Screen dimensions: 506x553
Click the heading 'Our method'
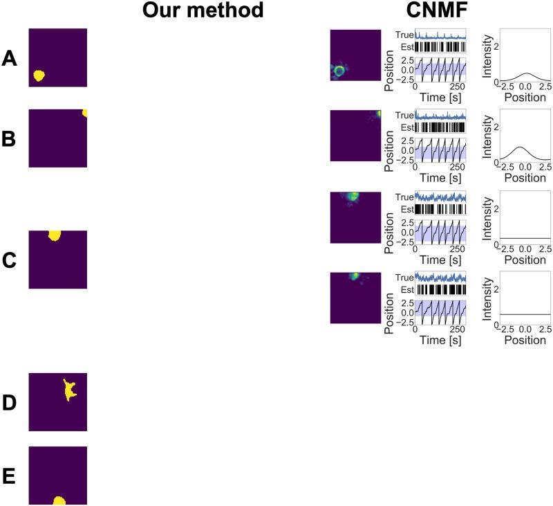click(198, 11)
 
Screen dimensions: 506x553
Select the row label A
click(10, 59)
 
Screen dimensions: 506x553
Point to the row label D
click(10, 403)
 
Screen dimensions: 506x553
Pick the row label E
click(10, 476)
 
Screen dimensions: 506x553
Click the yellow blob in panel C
click(55, 235)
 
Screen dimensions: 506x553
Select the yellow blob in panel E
click(59, 500)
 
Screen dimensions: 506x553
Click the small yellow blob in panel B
click(84, 113)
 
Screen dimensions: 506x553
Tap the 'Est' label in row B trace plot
click(406, 127)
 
